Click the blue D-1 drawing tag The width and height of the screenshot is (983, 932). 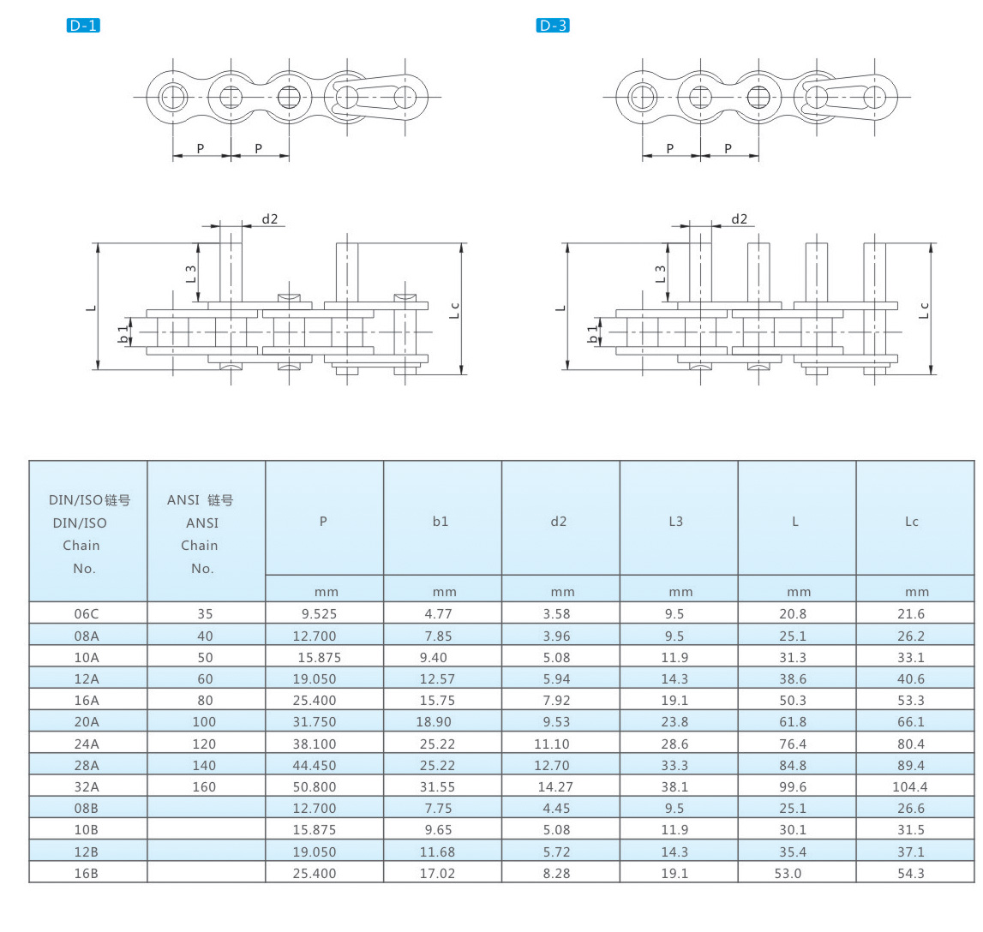click(83, 26)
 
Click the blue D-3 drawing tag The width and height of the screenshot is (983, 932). click(552, 26)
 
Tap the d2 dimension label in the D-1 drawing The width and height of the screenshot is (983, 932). click(270, 218)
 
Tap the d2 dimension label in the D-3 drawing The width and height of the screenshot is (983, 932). click(739, 218)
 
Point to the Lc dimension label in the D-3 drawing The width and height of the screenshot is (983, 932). click(924, 310)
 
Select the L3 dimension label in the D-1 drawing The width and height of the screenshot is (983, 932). click(190, 273)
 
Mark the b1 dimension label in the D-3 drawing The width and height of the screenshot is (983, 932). click(592, 334)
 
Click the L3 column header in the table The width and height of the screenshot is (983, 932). click(675, 522)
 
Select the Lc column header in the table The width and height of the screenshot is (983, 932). click(912, 522)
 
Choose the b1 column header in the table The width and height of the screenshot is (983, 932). click(441, 522)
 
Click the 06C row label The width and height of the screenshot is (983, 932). click(87, 614)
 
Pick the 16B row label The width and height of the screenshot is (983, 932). click(87, 873)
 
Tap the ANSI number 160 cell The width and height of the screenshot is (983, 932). click(204, 787)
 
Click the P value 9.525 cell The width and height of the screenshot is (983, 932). click(319, 614)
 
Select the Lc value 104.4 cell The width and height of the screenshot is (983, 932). click(909, 787)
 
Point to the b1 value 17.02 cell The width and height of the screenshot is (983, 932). click(437, 873)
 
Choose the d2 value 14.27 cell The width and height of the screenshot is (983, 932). click(555, 787)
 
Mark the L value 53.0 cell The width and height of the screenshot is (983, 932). click(788, 873)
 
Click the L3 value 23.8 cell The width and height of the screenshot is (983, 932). click(674, 722)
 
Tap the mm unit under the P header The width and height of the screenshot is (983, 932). click(326, 592)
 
